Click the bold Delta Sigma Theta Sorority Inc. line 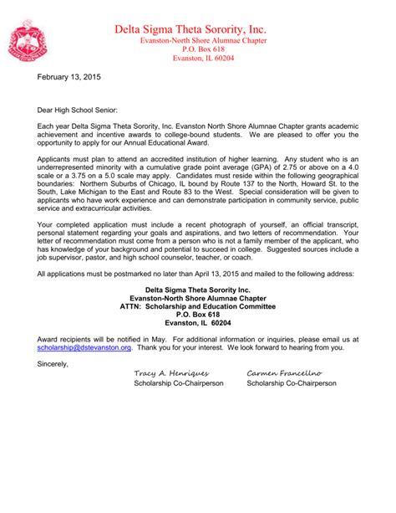[198, 288]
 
